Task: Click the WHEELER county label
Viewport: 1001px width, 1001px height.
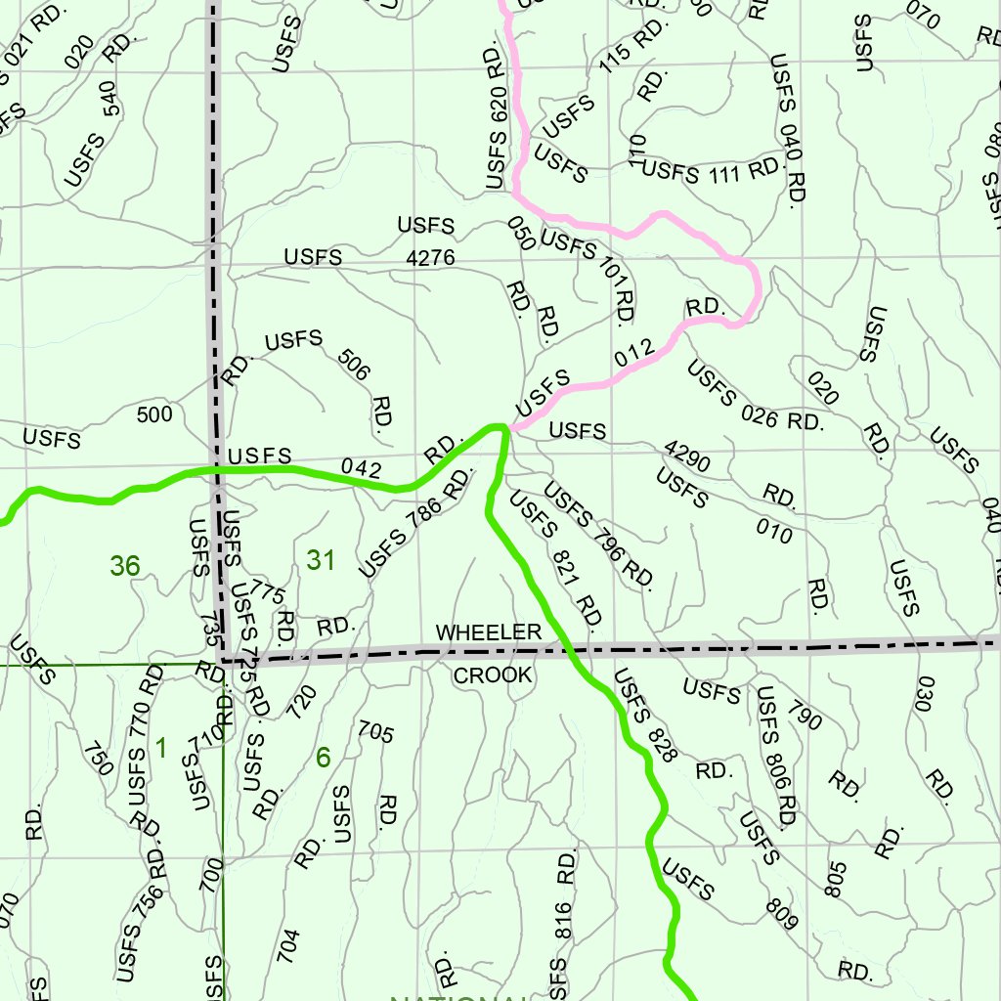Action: [488, 632]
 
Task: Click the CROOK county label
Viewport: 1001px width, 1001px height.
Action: [493, 675]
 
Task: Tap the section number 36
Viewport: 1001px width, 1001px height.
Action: [125, 565]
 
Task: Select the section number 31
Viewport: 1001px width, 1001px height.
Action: [321, 560]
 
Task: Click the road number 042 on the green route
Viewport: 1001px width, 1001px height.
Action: [362, 468]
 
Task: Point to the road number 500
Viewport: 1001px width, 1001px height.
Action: [154, 414]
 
